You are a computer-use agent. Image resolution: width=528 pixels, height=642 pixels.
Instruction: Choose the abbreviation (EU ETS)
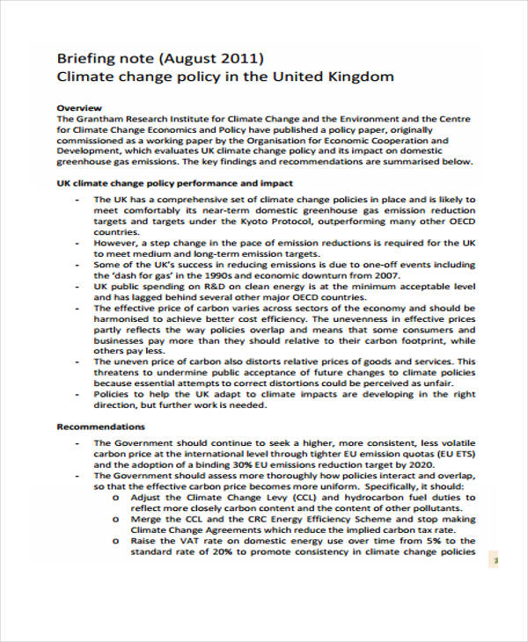click(x=452, y=454)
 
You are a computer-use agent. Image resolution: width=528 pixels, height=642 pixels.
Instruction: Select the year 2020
click(x=419, y=464)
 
